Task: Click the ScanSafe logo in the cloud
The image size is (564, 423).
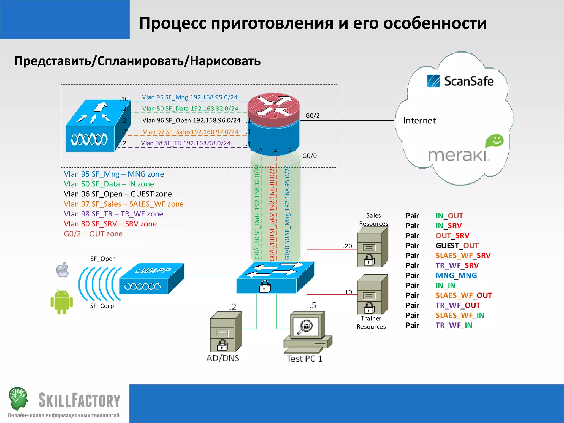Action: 460,81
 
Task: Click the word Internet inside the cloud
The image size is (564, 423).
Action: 419,121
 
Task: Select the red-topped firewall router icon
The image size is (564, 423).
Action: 273,124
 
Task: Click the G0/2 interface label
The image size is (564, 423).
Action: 312,116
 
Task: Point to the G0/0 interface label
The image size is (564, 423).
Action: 310,156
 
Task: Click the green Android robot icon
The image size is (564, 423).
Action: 62,302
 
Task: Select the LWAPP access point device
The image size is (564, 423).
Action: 151,279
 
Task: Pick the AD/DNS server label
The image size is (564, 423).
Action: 223,358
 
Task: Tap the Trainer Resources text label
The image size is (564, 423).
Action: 371,322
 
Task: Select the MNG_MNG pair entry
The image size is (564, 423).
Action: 456,275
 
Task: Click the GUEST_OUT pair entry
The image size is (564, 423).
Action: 457,246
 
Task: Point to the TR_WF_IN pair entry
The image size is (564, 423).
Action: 454,325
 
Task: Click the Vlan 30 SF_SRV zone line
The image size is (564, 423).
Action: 110,224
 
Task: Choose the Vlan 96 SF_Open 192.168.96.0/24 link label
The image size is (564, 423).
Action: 191,120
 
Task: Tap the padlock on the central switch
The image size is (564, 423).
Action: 265,286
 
